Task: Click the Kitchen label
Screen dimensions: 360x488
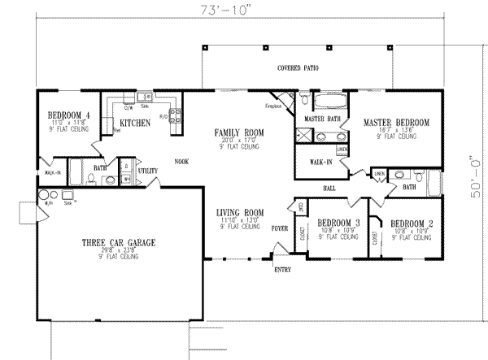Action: [x=133, y=123]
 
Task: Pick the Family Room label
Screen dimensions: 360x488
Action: [x=235, y=132]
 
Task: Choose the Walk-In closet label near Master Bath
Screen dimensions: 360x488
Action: [x=320, y=162]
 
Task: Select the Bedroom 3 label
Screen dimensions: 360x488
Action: [x=338, y=222]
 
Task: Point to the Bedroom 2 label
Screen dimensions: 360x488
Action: [x=411, y=222]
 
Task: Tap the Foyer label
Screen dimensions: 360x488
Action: [x=279, y=228]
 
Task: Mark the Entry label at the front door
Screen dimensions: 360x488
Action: [x=283, y=269]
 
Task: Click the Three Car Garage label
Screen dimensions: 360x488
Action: [x=119, y=242]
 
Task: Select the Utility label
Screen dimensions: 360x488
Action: [x=147, y=171]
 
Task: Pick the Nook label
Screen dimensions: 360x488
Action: [x=181, y=161]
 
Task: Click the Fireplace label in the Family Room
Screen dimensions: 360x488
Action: [x=272, y=106]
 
